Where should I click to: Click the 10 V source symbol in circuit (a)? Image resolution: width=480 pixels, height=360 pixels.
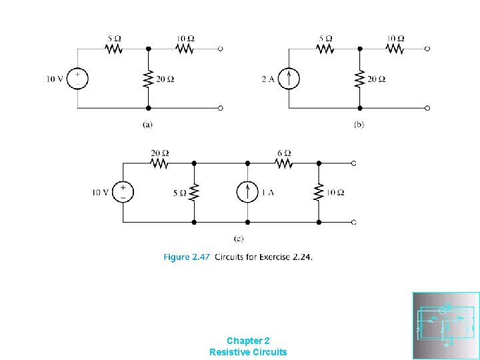77,79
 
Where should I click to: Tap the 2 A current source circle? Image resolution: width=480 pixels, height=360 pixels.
289,79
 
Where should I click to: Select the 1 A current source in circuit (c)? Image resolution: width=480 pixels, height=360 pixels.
247,193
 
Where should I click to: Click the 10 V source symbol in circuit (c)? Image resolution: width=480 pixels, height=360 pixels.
123,193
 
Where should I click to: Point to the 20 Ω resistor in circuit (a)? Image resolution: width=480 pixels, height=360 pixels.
148,79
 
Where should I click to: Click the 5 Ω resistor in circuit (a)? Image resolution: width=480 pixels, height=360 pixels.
113,49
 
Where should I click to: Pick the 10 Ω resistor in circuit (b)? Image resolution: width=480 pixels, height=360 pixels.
395,49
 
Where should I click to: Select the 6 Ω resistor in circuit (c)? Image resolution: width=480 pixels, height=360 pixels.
283,163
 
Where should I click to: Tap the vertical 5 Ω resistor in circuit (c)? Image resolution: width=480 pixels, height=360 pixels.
194,193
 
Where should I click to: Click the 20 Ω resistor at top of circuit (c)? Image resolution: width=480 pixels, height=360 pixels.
159,163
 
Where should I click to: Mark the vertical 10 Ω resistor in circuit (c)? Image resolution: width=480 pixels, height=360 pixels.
319,193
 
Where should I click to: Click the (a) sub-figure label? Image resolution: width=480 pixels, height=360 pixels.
148,123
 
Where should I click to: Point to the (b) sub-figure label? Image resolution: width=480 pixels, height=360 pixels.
359,124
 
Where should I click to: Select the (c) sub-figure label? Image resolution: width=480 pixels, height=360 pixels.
239,238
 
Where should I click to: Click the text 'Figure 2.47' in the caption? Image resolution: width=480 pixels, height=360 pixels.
186,257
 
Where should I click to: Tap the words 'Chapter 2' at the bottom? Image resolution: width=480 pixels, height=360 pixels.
248,340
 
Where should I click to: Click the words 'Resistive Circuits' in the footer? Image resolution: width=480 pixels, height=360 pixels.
248,352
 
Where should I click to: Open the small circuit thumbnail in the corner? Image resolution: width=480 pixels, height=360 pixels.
445,325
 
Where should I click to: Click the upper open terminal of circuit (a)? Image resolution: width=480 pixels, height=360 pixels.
221,49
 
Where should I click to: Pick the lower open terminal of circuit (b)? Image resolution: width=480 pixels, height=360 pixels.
427,107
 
